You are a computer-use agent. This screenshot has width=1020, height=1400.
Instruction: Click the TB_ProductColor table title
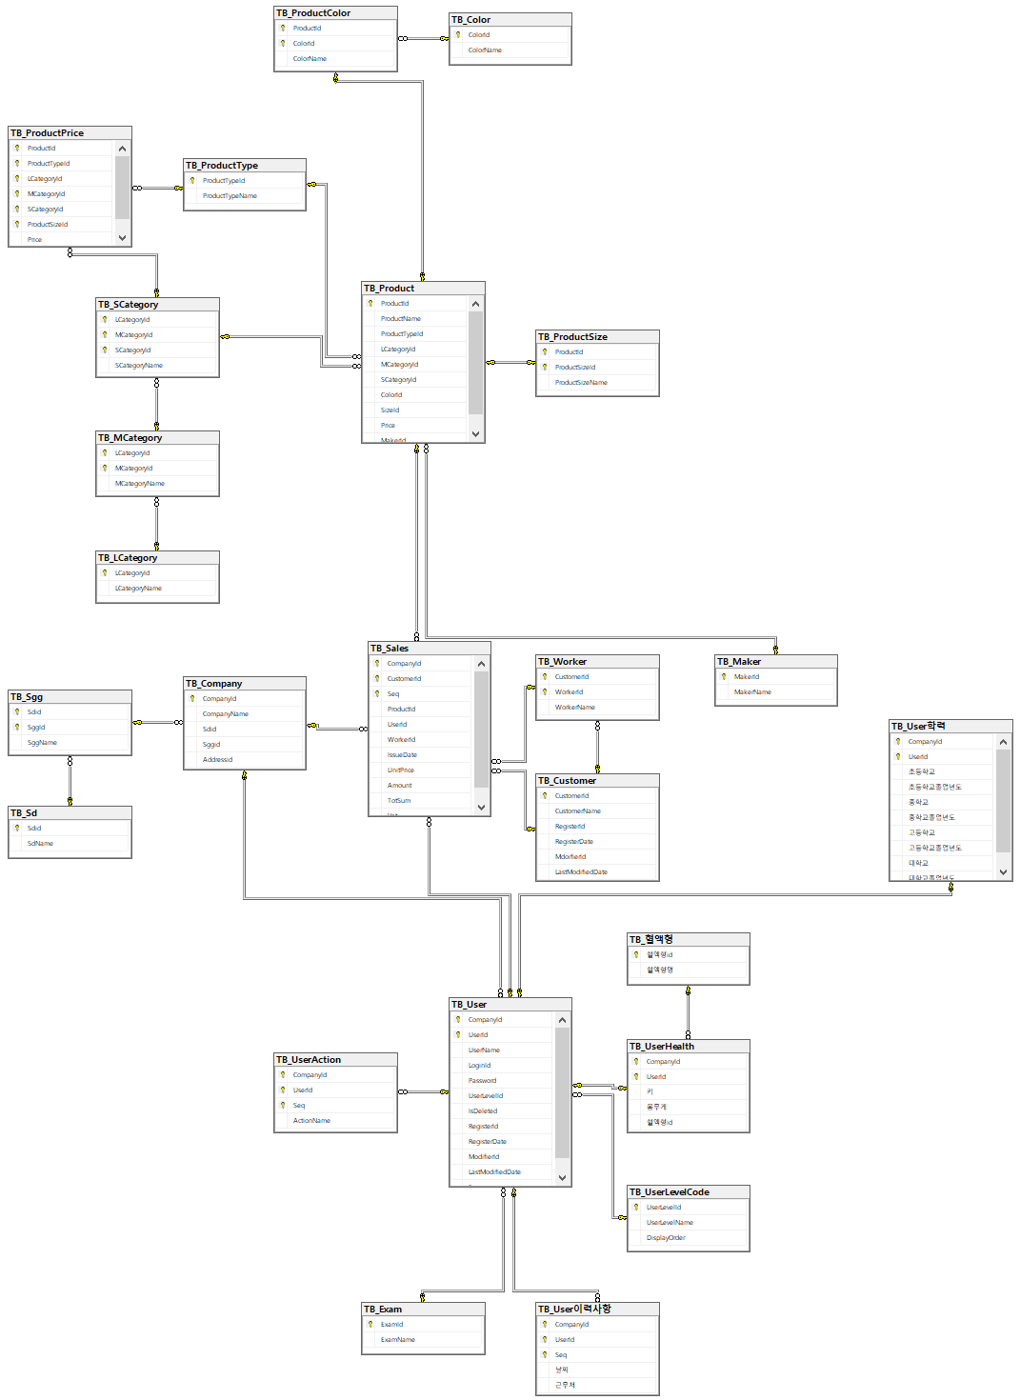point(313,13)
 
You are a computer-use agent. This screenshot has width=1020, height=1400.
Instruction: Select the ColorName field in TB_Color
point(485,50)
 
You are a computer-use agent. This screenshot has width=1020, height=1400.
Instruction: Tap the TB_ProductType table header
point(222,166)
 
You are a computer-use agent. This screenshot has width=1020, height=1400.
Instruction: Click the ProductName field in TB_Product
point(401,319)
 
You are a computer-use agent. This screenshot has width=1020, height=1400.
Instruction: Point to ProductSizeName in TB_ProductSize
point(581,383)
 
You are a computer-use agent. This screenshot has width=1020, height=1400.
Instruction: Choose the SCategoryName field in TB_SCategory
point(139,366)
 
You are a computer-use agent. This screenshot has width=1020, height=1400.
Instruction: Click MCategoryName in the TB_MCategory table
point(140,484)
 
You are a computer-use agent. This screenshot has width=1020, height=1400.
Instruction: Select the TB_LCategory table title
point(128,558)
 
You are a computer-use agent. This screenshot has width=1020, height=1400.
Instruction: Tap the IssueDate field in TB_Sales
point(402,755)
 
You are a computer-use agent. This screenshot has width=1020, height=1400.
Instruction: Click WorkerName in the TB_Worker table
point(575,708)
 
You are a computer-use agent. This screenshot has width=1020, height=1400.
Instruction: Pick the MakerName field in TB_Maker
point(752,692)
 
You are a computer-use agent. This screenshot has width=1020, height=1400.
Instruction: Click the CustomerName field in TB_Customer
point(578,811)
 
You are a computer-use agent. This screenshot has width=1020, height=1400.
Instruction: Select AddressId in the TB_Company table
point(217,760)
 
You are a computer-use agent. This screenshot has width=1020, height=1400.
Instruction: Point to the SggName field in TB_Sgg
point(42,743)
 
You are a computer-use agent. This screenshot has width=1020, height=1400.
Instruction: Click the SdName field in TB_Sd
point(40,844)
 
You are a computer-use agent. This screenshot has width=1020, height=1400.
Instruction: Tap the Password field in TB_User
point(482,1081)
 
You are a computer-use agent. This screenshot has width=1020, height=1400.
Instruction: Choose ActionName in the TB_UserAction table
point(311,1121)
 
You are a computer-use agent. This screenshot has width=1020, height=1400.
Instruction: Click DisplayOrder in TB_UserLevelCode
point(666,1238)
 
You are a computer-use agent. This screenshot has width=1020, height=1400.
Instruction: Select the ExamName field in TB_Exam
point(398,1340)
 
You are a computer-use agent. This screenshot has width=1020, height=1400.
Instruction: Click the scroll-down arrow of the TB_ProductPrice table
point(122,238)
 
